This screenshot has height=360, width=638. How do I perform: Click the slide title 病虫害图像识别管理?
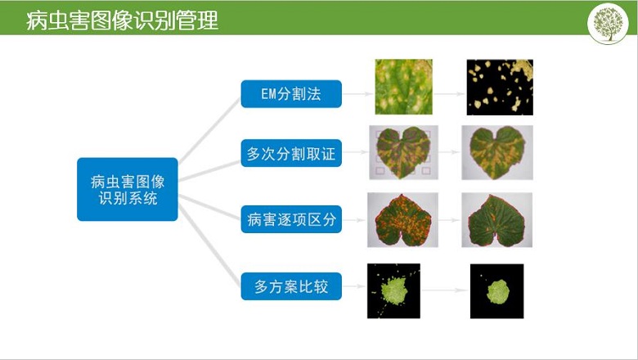coord(123,20)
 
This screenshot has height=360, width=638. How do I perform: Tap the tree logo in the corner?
coord(608,23)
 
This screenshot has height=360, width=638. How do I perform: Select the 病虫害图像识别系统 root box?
coord(128,189)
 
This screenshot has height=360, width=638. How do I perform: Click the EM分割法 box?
coord(291,94)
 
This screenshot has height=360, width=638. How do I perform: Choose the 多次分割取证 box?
coord(291,153)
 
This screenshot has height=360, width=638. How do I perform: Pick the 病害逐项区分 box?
coord(291,219)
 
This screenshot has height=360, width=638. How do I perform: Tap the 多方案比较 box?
coord(291,286)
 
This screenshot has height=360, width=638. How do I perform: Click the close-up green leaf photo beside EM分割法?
coord(403,87)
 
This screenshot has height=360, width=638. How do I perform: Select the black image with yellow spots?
coord(500,88)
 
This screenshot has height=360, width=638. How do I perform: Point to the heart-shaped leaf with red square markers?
coord(403,152)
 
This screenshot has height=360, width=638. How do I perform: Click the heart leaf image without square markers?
coord(497,152)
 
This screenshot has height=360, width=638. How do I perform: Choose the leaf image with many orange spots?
coord(402,220)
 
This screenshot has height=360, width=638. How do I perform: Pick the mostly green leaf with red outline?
coord(496,220)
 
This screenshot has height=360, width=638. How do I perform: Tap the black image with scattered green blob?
coord(394,290)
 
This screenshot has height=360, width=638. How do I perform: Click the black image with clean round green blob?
coord(496,291)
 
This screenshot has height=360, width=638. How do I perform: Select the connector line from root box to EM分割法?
coord(210,129)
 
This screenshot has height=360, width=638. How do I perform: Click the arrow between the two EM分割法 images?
coord(449,94)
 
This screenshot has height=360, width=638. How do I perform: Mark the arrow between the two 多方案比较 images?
coord(444,290)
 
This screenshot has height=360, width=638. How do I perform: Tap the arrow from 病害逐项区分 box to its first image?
coord(354,220)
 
